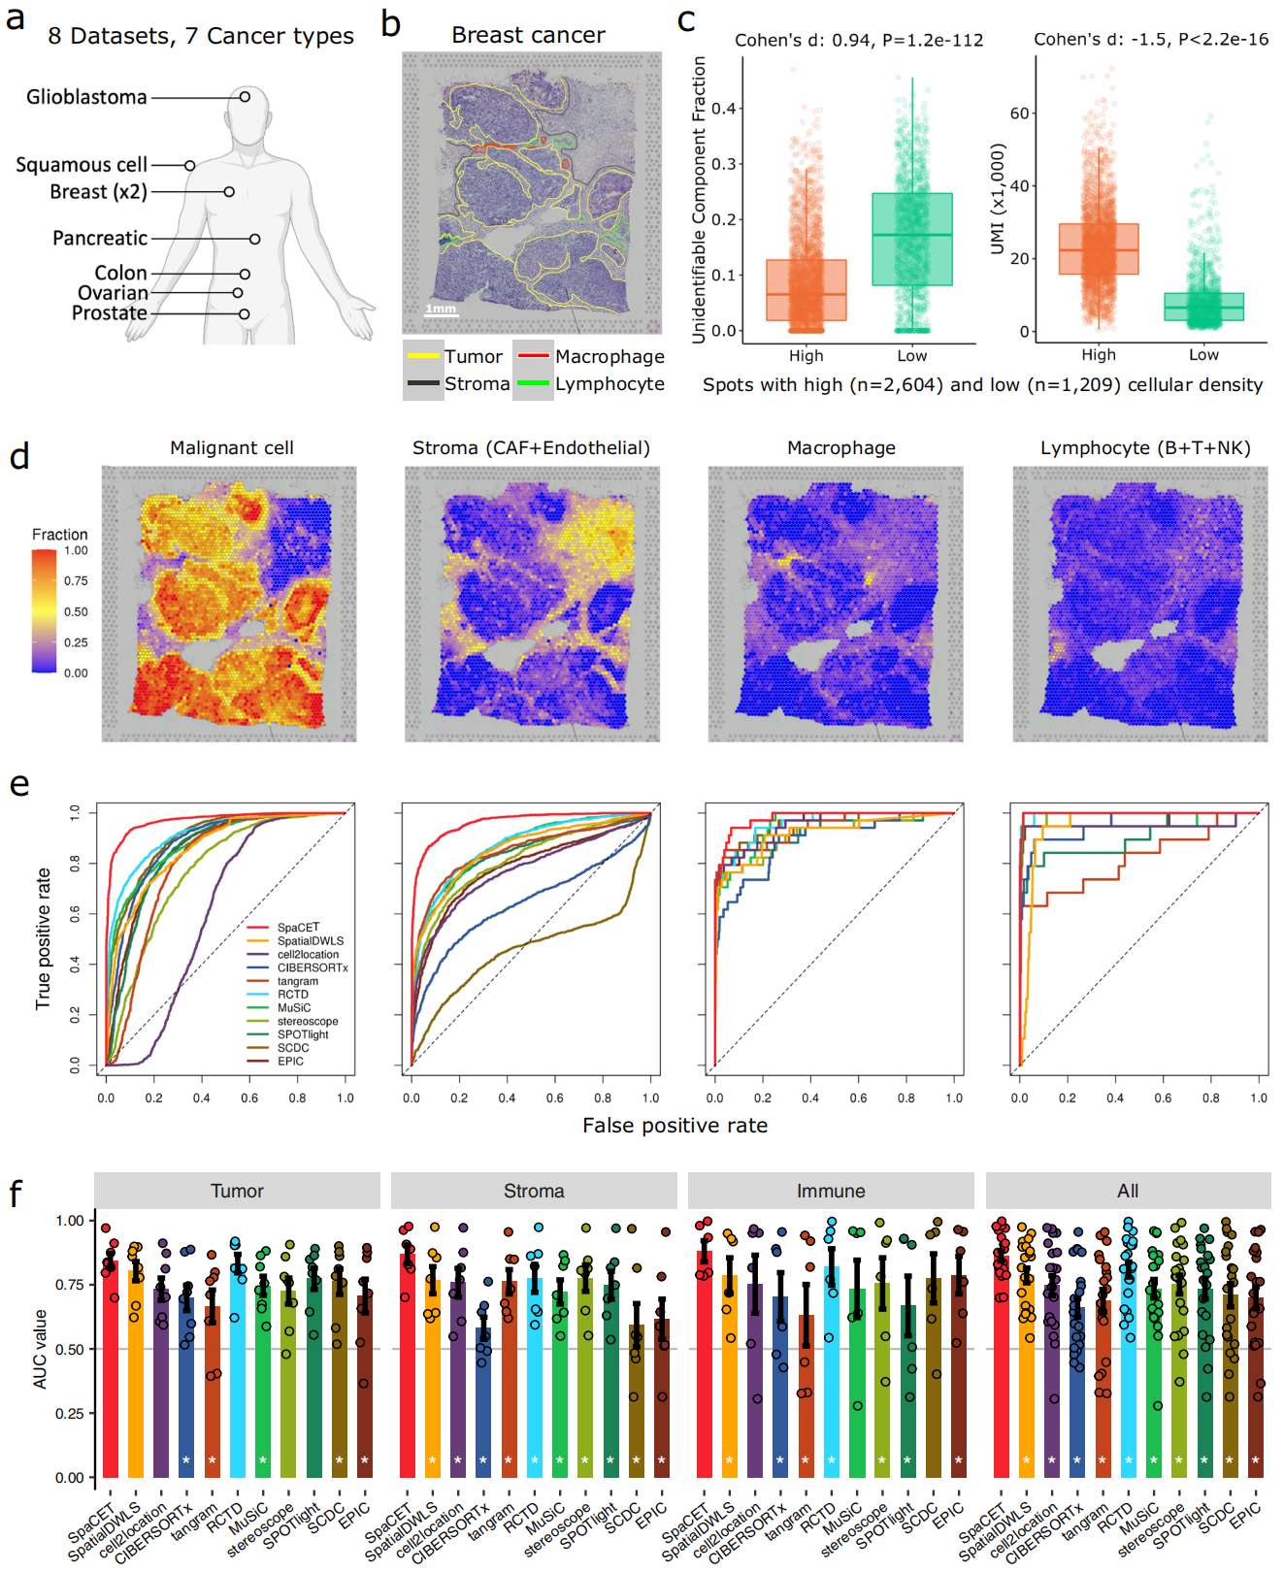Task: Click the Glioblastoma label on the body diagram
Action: pyautogui.click(x=86, y=97)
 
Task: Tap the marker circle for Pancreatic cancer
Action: pyautogui.click(x=254, y=239)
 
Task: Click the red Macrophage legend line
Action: pyautogui.click(x=533, y=356)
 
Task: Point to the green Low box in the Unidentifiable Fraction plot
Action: pyautogui.click(x=911, y=239)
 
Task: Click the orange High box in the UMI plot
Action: pyautogui.click(x=1098, y=249)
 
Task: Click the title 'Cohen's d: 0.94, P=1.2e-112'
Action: pyautogui.click(x=858, y=40)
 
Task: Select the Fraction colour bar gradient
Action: pyautogui.click(x=44, y=611)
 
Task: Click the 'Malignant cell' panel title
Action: pyautogui.click(x=231, y=448)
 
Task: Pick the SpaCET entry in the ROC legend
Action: pyautogui.click(x=297, y=928)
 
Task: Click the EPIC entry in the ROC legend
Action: pyautogui.click(x=290, y=1062)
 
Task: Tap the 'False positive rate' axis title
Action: pyautogui.click(x=675, y=1126)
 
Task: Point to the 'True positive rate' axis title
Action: pyautogui.click(x=43, y=938)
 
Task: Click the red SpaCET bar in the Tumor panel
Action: pyautogui.click(x=109, y=1368)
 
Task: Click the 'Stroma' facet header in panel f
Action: pyautogui.click(x=533, y=1191)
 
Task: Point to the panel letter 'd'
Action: pyautogui.click(x=19, y=456)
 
